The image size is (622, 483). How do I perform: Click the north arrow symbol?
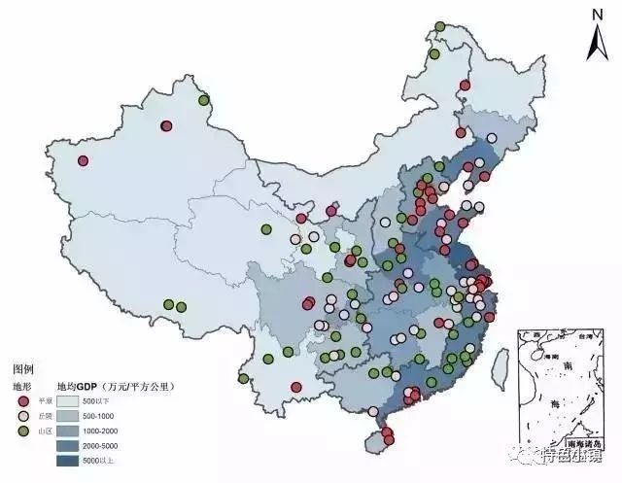point(594,43)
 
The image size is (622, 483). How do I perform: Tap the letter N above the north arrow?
point(595,14)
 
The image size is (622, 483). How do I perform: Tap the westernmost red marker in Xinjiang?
point(84,161)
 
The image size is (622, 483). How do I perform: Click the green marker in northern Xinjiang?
point(203,100)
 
